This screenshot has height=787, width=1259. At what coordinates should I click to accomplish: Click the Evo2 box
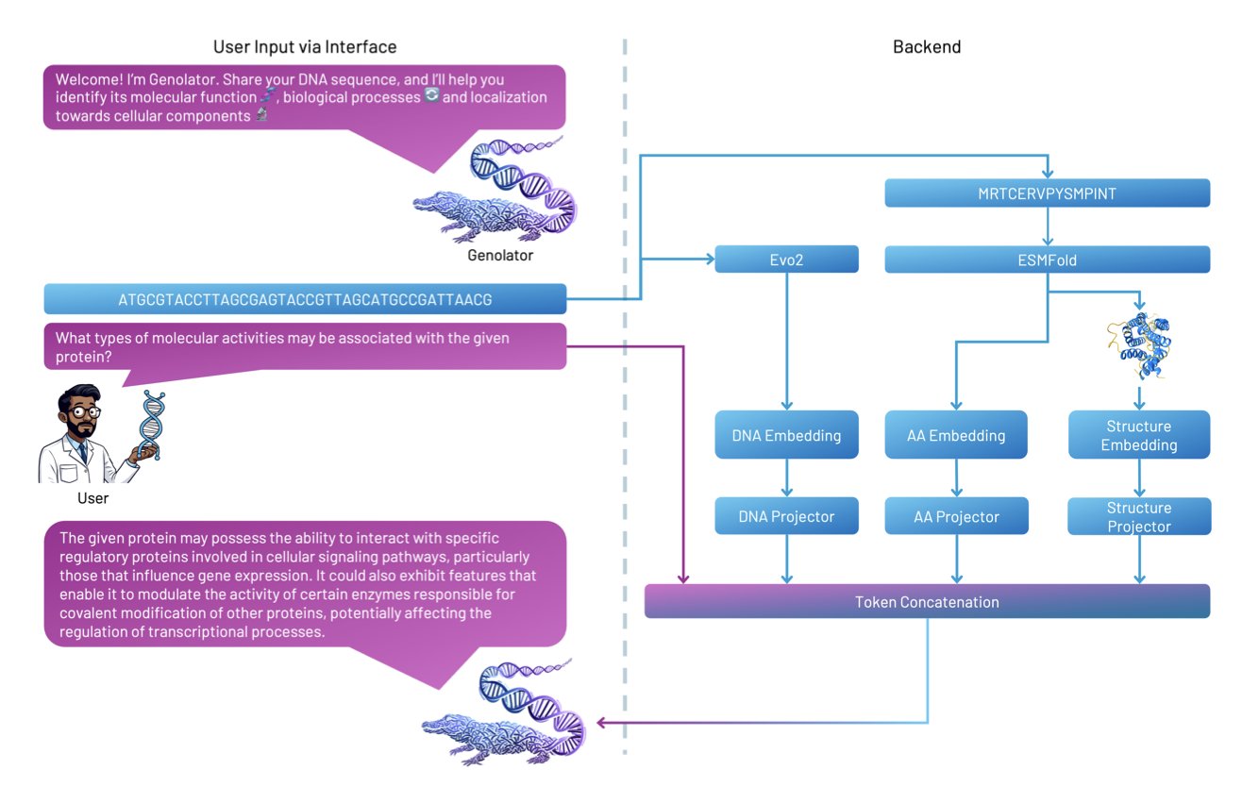click(x=786, y=260)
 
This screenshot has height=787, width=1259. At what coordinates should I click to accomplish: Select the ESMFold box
click(x=1047, y=260)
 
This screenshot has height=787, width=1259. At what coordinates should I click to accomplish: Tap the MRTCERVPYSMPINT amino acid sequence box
click(x=1047, y=193)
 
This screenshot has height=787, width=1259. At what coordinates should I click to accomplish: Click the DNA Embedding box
click(x=786, y=435)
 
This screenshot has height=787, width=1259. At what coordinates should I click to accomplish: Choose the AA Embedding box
click(x=956, y=435)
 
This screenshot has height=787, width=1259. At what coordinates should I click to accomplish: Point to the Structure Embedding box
click(x=1138, y=435)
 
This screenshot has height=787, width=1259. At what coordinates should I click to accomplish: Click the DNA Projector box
click(x=786, y=516)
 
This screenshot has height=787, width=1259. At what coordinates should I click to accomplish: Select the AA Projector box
click(x=956, y=516)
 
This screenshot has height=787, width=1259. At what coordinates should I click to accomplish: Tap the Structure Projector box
click(x=1138, y=516)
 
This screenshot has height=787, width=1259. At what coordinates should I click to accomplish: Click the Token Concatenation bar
click(x=926, y=601)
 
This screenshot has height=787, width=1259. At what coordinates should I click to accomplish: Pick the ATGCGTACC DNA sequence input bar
click(x=305, y=299)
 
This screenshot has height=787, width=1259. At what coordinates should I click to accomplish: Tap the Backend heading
click(x=926, y=46)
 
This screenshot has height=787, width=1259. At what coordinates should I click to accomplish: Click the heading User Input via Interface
click(x=305, y=46)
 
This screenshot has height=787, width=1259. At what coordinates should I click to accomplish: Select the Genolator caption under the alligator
click(x=500, y=255)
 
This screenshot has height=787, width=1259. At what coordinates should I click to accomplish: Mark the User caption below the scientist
click(x=92, y=497)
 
